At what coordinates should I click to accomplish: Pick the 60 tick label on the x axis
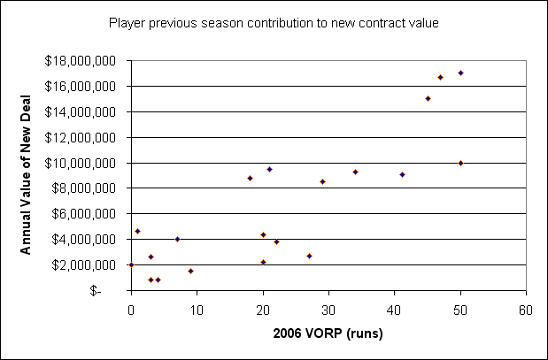pos(526,310)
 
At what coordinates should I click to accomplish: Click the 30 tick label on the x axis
pos(328,310)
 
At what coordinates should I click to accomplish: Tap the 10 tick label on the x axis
pos(197,310)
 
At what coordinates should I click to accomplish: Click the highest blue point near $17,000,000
pos(460,73)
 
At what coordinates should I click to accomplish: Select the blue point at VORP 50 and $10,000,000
pos(460,163)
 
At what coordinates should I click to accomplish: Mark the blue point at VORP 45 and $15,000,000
pos(428,98)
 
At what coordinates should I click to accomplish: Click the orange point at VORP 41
pos(402,174)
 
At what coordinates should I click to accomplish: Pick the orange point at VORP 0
pos(131,264)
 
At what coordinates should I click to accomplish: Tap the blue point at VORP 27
pos(309,256)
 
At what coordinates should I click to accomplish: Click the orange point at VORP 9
pos(190,271)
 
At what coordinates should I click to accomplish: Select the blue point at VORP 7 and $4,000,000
pos(177,239)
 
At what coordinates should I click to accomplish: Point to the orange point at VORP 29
pos(322,181)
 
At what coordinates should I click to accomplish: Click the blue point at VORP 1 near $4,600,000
pos(137,231)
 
